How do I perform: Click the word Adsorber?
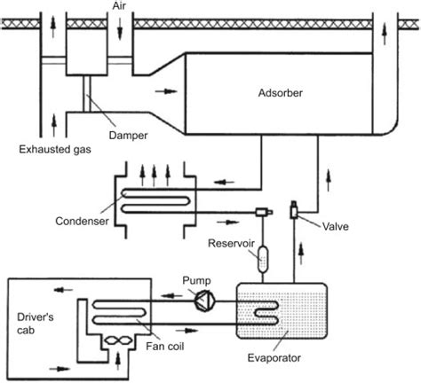(281, 93)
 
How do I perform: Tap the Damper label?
(128, 136)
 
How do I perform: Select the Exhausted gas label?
(55, 149)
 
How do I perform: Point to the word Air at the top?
(119, 6)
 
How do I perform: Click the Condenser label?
(82, 221)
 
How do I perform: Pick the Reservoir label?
(231, 243)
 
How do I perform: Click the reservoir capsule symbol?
(263, 259)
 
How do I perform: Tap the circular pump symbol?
(205, 301)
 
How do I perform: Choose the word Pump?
(196, 280)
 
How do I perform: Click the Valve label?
(336, 226)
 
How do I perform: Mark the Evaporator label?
(274, 358)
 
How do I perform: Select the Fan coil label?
(165, 346)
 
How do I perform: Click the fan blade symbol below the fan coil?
(118, 340)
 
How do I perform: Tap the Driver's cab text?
(36, 324)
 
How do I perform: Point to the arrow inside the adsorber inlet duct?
(166, 91)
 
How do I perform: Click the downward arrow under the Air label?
(120, 28)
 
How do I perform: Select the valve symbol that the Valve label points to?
(293, 209)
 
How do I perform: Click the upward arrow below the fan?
(118, 361)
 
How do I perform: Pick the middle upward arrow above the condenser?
(154, 176)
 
